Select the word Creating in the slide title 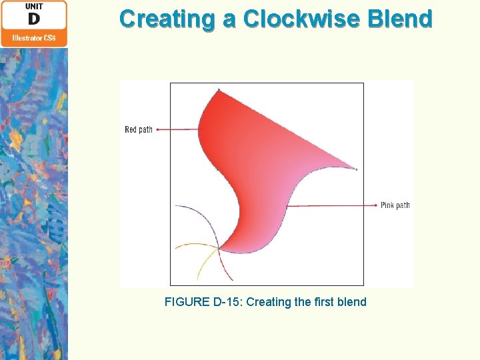coord(169,19)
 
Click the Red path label coord(139,129)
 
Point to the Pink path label coord(395,205)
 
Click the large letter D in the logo coord(34,19)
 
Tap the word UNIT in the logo coord(34,6)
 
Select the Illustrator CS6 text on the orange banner coord(34,38)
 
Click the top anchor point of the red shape coord(219,89)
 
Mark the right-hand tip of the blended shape coord(356,169)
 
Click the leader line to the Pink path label coord(333,206)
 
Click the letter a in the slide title coord(229,19)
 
